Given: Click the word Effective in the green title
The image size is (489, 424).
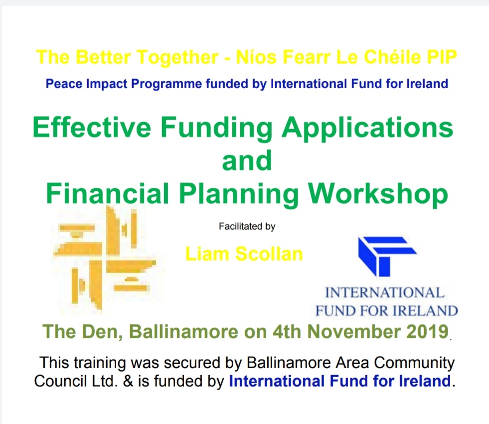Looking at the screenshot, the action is pos(92,127).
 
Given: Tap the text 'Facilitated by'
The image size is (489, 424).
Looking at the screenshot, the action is pos(247,226).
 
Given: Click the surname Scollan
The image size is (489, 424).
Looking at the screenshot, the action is pos(269,254).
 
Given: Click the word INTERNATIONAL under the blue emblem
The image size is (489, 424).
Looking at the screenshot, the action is pos(384,293).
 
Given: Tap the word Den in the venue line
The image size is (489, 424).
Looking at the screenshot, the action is pos(102,332).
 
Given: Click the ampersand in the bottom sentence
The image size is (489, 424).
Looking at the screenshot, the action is pos(128,381).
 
